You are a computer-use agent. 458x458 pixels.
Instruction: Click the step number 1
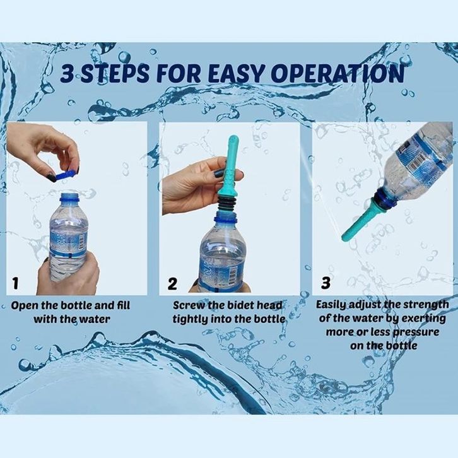tap(15, 283)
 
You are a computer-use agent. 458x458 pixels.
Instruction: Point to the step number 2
tap(173, 283)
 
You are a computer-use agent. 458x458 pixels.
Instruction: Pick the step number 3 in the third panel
tap(326, 283)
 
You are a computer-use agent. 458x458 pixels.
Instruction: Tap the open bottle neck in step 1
tap(69, 197)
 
